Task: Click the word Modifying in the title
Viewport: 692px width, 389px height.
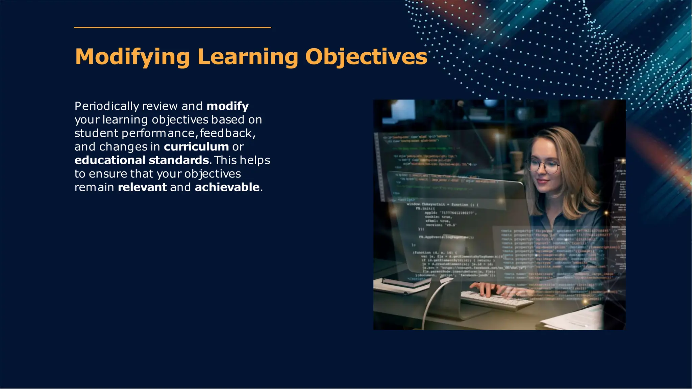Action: [x=132, y=57]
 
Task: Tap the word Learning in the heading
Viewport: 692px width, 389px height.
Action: [x=248, y=57]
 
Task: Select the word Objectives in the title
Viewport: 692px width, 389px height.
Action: [x=366, y=57]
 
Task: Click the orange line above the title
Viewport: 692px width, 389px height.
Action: [x=172, y=27]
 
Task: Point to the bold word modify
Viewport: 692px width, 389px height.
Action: [x=227, y=106]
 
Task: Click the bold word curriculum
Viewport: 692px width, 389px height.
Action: [x=196, y=147]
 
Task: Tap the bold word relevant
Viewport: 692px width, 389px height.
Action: [x=142, y=187]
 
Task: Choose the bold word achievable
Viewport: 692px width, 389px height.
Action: [x=227, y=187]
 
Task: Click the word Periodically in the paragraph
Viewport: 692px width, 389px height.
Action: [x=107, y=106]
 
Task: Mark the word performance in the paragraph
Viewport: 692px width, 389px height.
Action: [x=158, y=133]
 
